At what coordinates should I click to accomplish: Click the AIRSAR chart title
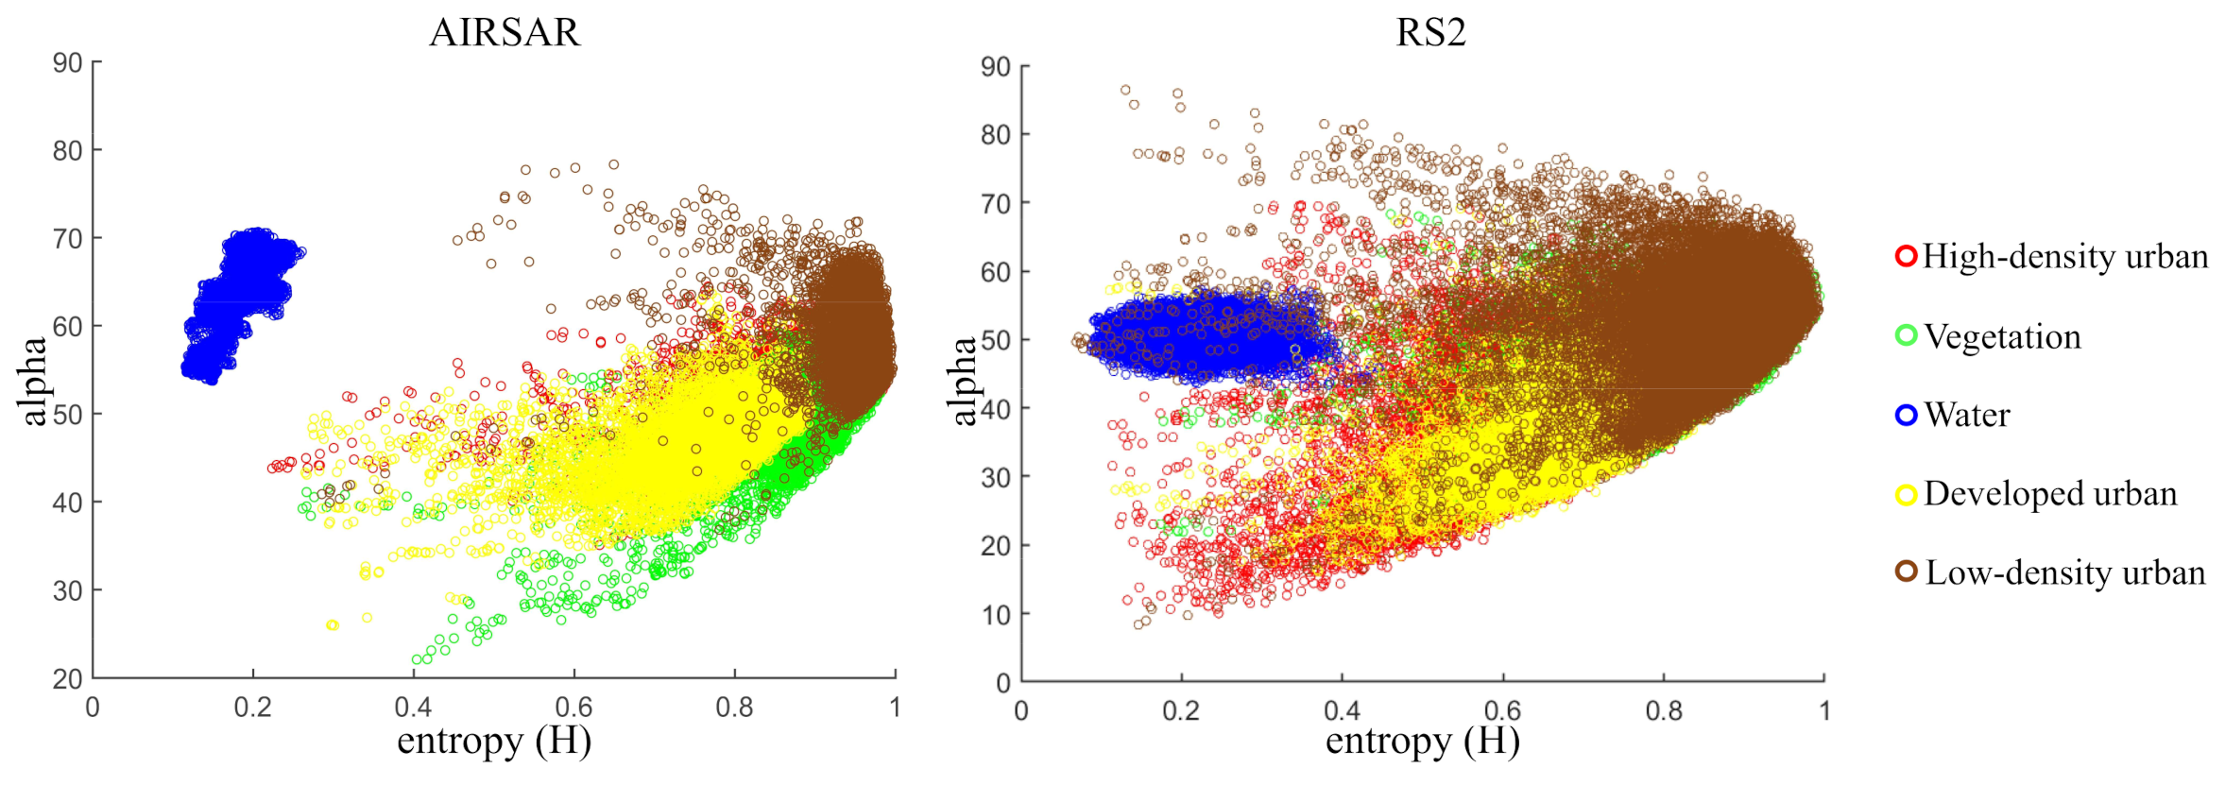[x=505, y=33]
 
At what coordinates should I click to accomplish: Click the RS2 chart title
[x=1430, y=33]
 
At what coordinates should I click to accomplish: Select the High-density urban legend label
[x=2064, y=257]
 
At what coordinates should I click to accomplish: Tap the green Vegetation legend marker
[x=1906, y=335]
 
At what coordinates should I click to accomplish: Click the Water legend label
[x=1966, y=415]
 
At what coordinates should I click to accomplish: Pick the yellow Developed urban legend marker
[x=1906, y=494]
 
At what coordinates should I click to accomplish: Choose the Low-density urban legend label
[x=2064, y=572]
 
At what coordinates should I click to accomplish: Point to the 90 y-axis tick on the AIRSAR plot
[x=67, y=63]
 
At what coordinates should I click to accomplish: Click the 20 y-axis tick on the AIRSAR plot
[x=67, y=678]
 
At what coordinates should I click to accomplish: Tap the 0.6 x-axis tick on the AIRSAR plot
[x=573, y=708]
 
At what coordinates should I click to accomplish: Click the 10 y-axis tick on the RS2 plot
[x=996, y=615]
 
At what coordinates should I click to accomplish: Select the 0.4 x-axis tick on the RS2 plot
[x=1342, y=711]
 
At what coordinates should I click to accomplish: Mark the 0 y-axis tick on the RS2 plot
[x=1003, y=683]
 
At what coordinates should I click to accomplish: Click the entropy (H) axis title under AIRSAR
[x=493, y=742]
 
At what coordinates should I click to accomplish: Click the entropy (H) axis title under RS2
[x=1422, y=742]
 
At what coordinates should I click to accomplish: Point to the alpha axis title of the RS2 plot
[x=963, y=381]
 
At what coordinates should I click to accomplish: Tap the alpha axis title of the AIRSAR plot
[x=33, y=381]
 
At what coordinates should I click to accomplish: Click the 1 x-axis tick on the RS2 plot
[x=1824, y=711]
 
